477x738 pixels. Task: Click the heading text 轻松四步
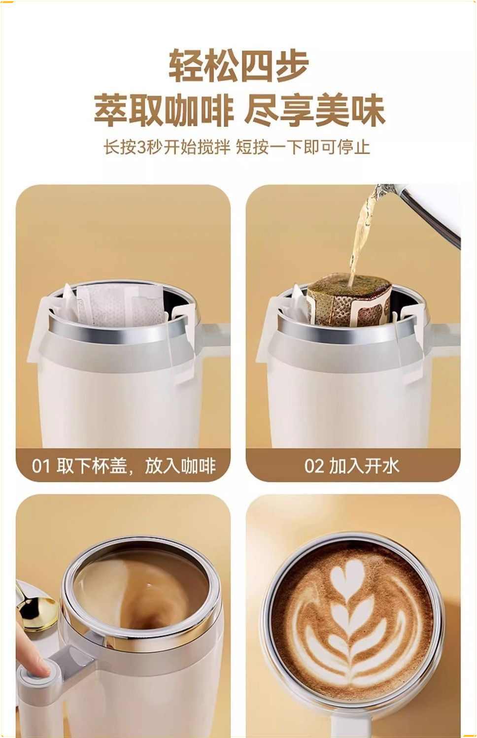tap(238, 66)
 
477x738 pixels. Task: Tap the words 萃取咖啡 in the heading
tap(163, 111)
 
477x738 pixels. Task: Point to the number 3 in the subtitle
tap(142, 147)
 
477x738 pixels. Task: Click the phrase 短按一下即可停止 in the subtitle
tap(303, 147)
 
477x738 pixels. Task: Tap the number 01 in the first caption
tap(41, 466)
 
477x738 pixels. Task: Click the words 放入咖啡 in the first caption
tap(180, 466)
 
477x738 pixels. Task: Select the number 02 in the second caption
tap(314, 466)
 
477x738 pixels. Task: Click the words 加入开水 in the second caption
tap(364, 466)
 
